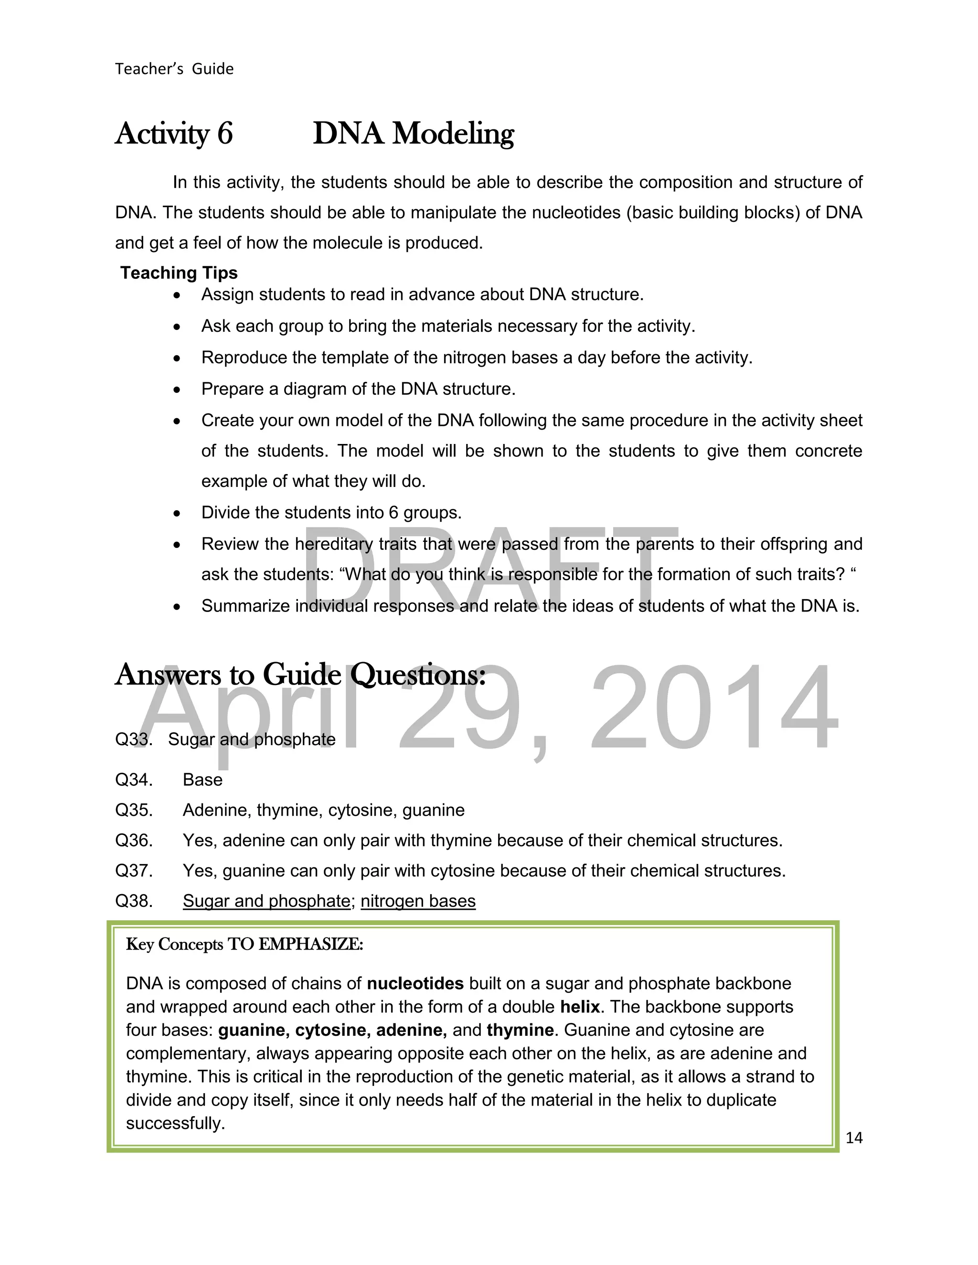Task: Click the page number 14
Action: tap(854, 1138)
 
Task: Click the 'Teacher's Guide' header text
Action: tap(174, 69)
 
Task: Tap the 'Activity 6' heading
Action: tap(174, 134)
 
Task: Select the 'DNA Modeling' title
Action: tap(413, 134)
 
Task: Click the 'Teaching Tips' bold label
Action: tap(179, 273)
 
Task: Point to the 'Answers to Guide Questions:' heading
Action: tap(300, 675)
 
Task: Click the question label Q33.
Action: tap(133, 739)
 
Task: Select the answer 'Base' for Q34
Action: tap(202, 780)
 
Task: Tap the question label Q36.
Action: tap(133, 841)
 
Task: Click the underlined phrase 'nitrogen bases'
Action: tap(418, 901)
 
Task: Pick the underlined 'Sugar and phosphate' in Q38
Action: tap(266, 901)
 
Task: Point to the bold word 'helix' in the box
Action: tap(579, 1007)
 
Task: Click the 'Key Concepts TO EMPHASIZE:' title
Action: tap(244, 945)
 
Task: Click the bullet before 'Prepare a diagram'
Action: tap(177, 390)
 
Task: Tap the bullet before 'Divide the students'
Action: tap(177, 514)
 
